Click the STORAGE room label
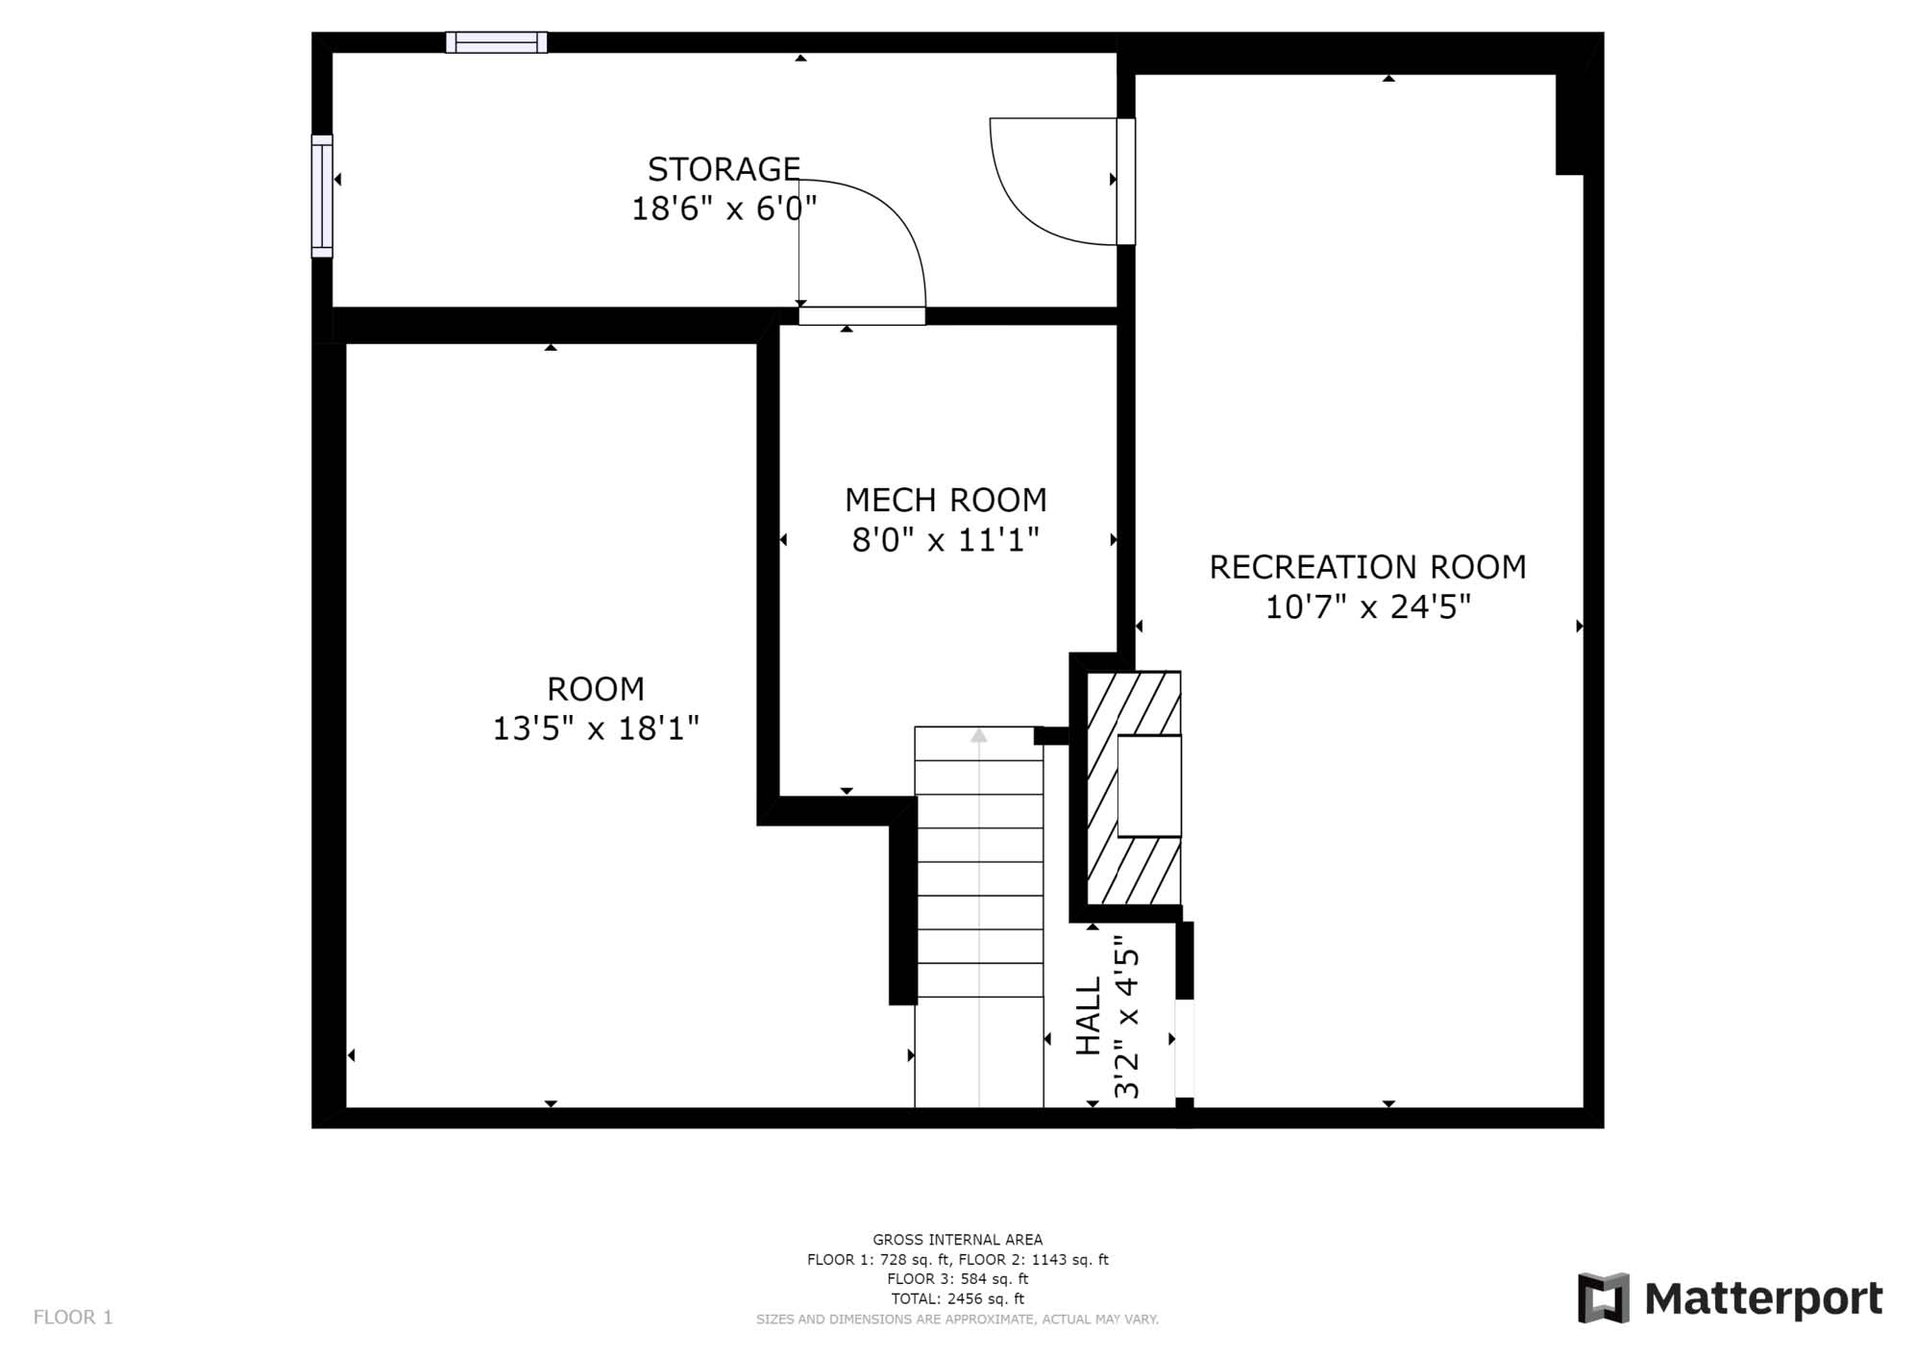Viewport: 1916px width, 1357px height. [x=724, y=169]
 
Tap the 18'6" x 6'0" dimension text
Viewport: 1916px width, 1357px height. [x=724, y=209]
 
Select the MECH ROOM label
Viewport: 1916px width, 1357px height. [x=946, y=500]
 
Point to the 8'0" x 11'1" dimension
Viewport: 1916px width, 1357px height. [x=946, y=540]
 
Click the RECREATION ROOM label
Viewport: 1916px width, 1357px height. [x=1367, y=567]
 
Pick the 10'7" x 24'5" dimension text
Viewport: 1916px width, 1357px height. [x=1367, y=607]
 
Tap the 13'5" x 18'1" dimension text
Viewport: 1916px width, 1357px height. [x=596, y=728]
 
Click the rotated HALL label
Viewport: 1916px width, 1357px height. [x=1088, y=1017]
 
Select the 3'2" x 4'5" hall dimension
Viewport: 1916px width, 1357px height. [x=1126, y=1017]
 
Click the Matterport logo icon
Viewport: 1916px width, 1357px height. [x=1604, y=1297]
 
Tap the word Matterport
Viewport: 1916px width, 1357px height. [x=1763, y=1299]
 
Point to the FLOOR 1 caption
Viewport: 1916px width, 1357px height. [x=73, y=1317]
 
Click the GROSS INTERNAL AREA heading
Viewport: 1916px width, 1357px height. [x=957, y=1240]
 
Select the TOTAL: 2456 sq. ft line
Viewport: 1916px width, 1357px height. [x=957, y=1298]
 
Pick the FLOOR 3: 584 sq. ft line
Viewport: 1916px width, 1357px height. [x=957, y=1279]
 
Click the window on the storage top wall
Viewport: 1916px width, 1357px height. [x=497, y=42]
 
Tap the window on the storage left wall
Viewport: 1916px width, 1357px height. [x=322, y=196]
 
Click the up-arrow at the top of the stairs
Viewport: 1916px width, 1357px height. [x=978, y=736]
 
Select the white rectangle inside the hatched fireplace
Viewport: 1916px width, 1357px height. [x=1149, y=786]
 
